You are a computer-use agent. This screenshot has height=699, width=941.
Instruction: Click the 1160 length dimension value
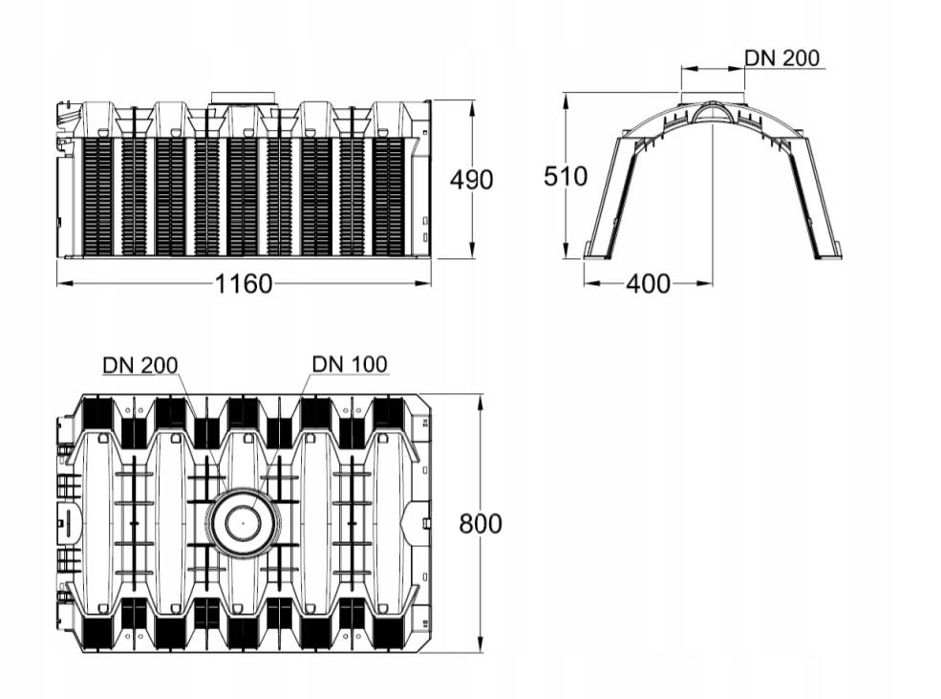click(244, 283)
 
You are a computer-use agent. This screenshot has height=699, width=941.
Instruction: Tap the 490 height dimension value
click(472, 180)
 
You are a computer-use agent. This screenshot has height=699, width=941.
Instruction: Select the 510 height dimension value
click(566, 177)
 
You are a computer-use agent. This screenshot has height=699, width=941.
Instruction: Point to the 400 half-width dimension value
click(648, 283)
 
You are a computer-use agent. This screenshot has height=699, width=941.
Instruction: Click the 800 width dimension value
click(481, 524)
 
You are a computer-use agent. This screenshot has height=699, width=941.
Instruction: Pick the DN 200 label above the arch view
click(782, 57)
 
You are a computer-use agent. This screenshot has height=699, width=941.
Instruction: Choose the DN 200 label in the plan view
click(140, 365)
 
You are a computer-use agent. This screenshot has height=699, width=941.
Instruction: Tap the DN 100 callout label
click(350, 364)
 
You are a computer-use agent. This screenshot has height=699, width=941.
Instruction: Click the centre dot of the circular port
click(243, 523)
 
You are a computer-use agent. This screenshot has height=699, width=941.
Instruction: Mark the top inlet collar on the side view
click(243, 98)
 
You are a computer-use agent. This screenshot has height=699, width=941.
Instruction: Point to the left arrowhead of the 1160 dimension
click(64, 283)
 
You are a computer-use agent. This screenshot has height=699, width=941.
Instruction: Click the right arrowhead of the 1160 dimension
click(424, 283)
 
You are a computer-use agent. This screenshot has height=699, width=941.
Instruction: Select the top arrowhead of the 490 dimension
click(473, 108)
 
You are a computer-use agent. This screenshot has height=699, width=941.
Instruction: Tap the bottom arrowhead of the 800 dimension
click(481, 644)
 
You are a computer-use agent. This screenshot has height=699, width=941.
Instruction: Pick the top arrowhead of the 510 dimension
click(566, 100)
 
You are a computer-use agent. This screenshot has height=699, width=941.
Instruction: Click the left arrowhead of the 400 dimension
click(591, 283)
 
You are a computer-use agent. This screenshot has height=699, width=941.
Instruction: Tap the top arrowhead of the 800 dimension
click(481, 403)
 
